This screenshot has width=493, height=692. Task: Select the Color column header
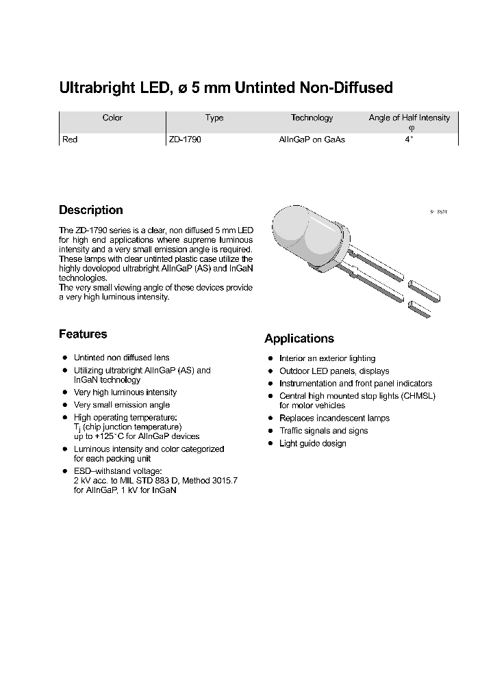point(112,118)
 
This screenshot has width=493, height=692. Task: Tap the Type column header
point(214,118)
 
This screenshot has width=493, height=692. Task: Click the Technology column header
point(312,118)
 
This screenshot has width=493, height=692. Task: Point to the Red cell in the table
point(70,139)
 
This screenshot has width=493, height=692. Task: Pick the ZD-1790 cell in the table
point(185,139)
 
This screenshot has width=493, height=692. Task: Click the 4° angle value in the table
point(409,139)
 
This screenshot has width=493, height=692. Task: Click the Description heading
point(90,211)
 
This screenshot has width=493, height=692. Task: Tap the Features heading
point(83,334)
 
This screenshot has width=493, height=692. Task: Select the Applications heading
point(299,339)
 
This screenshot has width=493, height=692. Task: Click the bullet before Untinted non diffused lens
point(64,358)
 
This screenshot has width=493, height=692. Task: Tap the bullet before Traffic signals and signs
point(270,431)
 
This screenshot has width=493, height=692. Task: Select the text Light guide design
point(313,444)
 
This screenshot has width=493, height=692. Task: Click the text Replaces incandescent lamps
point(334,418)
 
